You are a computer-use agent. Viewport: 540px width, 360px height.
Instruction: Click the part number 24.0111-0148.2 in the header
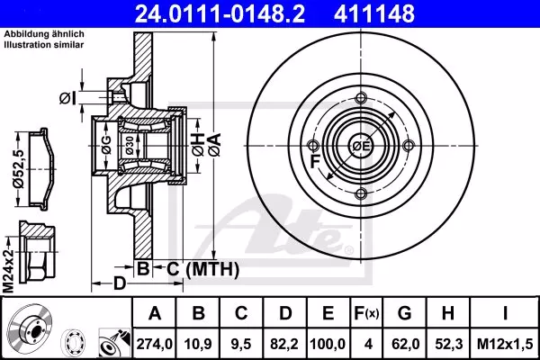click(220, 13)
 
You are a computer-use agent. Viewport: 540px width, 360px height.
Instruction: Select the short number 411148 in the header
click(374, 13)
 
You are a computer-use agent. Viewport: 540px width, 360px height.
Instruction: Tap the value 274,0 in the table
click(154, 344)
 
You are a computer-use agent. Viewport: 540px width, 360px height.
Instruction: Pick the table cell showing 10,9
click(198, 344)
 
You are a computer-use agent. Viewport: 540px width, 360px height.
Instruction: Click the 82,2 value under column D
click(284, 344)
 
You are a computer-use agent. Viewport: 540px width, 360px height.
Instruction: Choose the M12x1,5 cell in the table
click(505, 344)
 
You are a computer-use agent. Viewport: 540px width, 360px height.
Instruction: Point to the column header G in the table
click(404, 313)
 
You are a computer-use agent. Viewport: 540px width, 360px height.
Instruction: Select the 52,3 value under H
click(449, 344)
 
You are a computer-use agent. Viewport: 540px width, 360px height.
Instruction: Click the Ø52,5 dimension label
click(18, 169)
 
